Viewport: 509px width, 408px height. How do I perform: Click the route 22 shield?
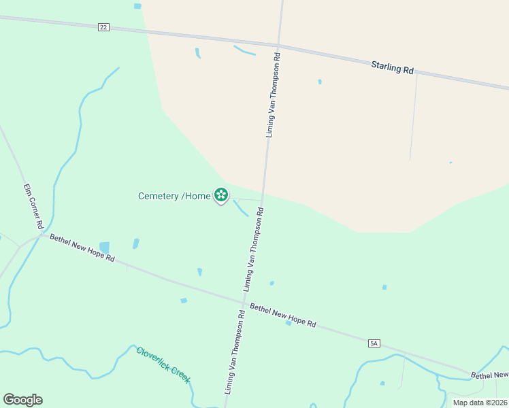[103, 27]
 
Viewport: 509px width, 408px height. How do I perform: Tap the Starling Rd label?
[393, 68]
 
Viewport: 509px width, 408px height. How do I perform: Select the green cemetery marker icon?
[221, 196]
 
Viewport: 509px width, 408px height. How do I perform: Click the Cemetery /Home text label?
[175, 196]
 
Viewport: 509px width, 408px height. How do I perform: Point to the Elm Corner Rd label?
[33, 205]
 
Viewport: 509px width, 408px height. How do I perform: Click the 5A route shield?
[373, 343]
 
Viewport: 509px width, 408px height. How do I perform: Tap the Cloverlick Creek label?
[163, 365]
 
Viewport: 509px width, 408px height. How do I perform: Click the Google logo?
[22, 400]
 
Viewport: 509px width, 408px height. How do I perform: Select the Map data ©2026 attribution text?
[480, 403]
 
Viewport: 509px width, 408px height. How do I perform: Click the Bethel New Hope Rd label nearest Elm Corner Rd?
[82, 250]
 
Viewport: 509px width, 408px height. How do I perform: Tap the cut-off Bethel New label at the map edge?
[490, 375]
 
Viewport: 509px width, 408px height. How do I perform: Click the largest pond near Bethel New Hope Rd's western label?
[104, 247]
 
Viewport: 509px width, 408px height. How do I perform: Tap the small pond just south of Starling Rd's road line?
[320, 82]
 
